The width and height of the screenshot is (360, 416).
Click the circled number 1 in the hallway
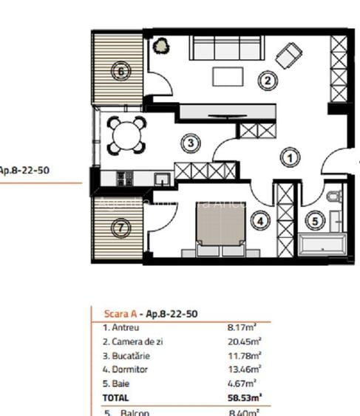(x=291, y=157)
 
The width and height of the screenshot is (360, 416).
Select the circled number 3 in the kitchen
(x=191, y=143)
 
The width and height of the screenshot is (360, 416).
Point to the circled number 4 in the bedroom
(x=259, y=219)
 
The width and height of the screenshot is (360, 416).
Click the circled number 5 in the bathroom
(x=315, y=219)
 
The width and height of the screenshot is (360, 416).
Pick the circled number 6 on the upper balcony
(x=120, y=72)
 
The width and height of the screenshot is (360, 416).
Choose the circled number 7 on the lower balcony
(x=120, y=229)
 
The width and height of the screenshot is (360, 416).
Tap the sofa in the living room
(x=225, y=49)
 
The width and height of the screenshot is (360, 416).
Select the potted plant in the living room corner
(x=160, y=47)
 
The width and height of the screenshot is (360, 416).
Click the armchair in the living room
(x=288, y=54)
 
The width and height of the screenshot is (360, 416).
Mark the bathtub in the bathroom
(x=322, y=242)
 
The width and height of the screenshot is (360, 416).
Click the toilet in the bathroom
(x=333, y=197)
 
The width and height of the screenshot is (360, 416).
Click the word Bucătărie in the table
(x=129, y=355)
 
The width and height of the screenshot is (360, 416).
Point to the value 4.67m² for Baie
(x=242, y=383)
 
